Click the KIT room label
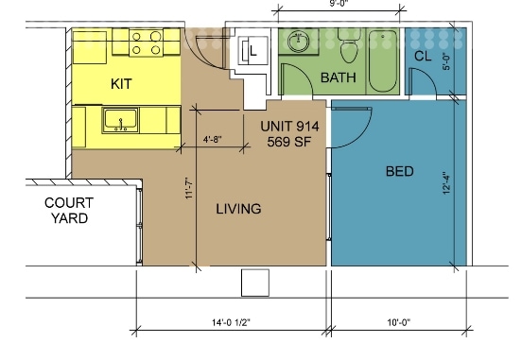[x=121, y=84]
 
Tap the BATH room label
[x=338, y=77]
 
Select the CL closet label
[x=424, y=57]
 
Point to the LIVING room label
[x=237, y=209]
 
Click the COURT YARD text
[x=66, y=211]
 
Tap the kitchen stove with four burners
[x=146, y=42]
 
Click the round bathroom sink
[x=300, y=42]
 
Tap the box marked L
[x=253, y=52]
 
